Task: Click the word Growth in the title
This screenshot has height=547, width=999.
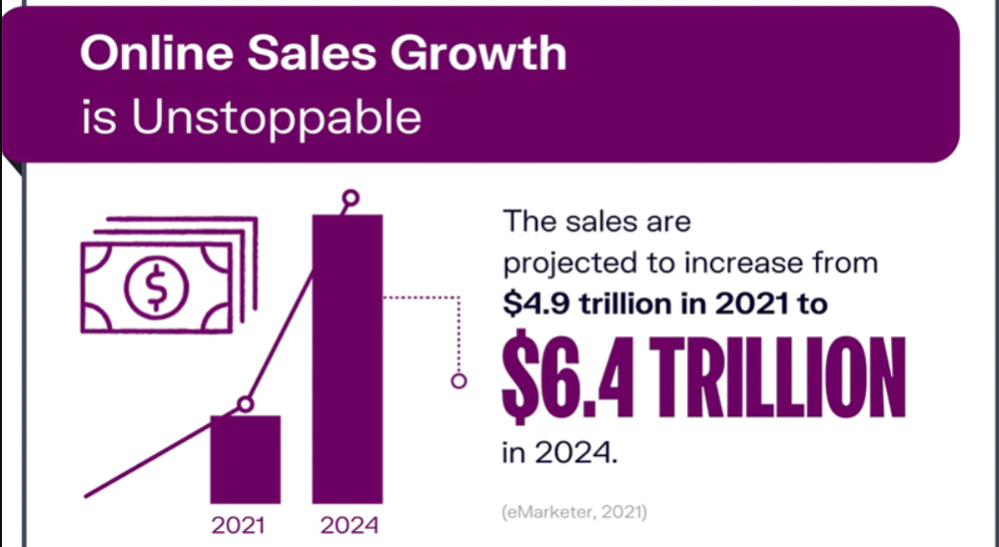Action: pyautogui.click(x=479, y=53)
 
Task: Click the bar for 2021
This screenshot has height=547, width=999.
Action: pyautogui.click(x=246, y=460)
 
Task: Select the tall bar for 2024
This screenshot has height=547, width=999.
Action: pyautogui.click(x=348, y=359)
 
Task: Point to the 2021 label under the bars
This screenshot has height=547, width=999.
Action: pyautogui.click(x=239, y=526)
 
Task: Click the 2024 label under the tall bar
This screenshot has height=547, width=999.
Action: pyautogui.click(x=349, y=526)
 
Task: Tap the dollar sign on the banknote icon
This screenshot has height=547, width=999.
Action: pyautogui.click(x=156, y=287)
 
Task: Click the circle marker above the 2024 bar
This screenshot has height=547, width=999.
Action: pyautogui.click(x=351, y=198)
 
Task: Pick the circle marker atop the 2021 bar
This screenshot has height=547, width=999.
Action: pyautogui.click(x=246, y=403)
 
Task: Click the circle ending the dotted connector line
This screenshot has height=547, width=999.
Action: pyautogui.click(x=459, y=381)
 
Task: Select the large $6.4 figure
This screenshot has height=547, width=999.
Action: pyautogui.click(x=568, y=377)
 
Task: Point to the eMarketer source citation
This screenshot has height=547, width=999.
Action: pyautogui.click(x=574, y=512)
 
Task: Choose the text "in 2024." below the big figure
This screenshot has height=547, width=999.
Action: pyautogui.click(x=560, y=452)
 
